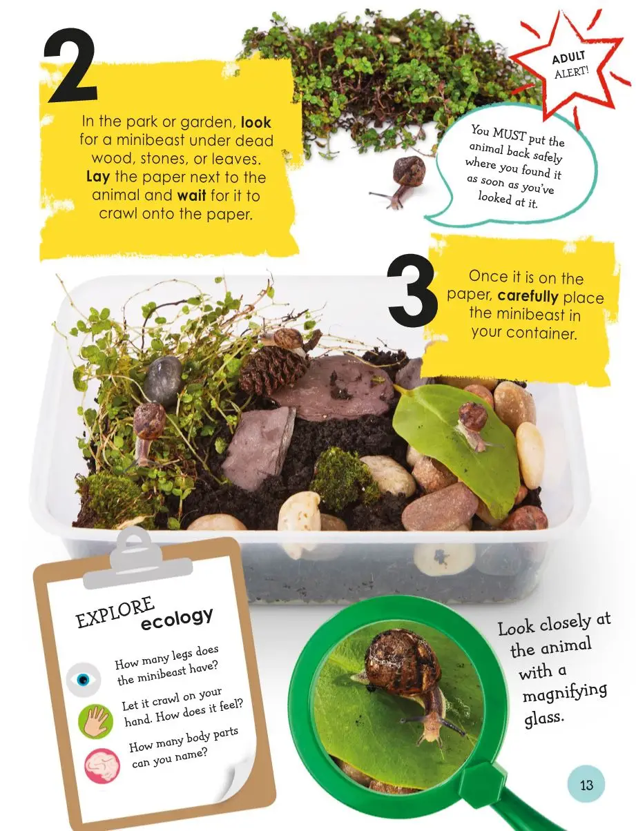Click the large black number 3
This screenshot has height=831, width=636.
pos(412,291)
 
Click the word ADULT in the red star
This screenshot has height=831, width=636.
pos(568,57)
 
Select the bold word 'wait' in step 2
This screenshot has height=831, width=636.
pos(192,196)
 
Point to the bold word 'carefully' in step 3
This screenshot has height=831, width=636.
pos(528,296)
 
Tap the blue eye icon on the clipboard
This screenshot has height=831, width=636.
pos(84,680)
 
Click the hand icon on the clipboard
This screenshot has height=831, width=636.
pos(95,722)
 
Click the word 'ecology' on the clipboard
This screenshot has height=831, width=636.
pos(177,618)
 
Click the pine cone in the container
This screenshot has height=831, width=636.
pos(273,369)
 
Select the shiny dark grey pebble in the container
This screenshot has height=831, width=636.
pos(163,380)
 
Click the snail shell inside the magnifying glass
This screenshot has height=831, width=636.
pos(403,660)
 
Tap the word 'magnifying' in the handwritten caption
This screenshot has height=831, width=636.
pos(565,693)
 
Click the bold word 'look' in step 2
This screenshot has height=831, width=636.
pos(256,122)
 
